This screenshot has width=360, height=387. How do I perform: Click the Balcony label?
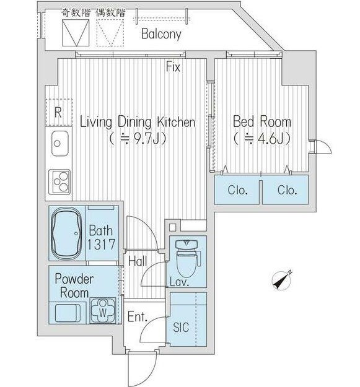coord(161,34)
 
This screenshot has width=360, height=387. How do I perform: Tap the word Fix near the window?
coord(173,67)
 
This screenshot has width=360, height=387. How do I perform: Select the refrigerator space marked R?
coord(58,113)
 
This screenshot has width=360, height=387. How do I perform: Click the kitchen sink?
coord(60,143)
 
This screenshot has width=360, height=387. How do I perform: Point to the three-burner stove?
coord(59,181)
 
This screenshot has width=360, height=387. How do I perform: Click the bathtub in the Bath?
coord(66,233)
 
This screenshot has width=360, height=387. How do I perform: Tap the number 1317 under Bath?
coord(101,244)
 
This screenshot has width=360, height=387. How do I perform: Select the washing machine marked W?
coord(103,310)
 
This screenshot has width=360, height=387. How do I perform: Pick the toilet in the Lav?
coord(187,258)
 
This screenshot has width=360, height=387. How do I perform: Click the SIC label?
coord(181,328)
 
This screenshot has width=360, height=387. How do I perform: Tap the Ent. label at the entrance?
coord(138,317)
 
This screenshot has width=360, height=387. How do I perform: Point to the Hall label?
coord(138,261)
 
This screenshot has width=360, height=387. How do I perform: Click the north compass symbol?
coord(281,280)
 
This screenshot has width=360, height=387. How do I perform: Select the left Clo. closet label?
coord(237,190)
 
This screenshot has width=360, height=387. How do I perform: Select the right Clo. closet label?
coord(287,190)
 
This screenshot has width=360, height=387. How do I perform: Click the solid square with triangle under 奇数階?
coord(76,33)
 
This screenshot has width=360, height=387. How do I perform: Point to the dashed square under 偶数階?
coord(110,33)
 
